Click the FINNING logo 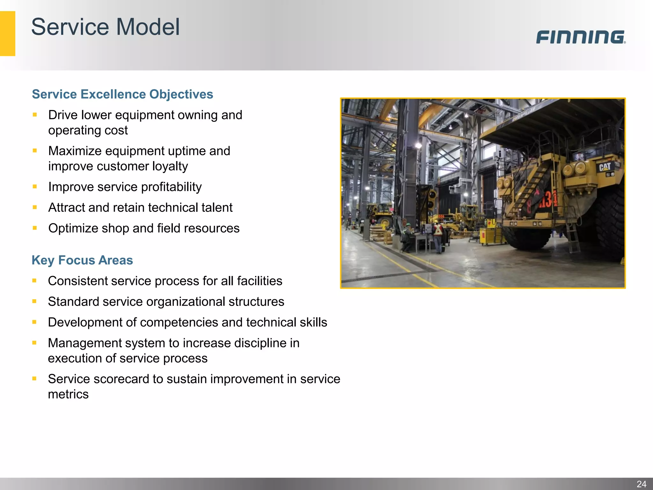[x=580, y=37]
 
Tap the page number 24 [x=641, y=484]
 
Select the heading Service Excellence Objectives [x=122, y=94]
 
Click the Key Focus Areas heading [x=82, y=260]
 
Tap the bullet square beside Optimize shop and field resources [x=35, y=228]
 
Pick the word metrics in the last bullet [x=68, y=395]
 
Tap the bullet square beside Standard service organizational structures [x=34, y=301]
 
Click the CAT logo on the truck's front [x=604, y=167]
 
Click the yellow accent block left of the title [x=7, y=33]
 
